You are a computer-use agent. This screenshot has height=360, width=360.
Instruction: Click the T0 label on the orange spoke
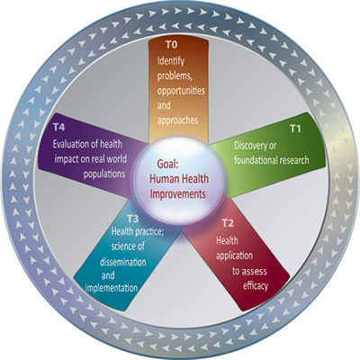(x=172, y=45)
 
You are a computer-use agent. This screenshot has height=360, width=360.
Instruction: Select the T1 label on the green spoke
(x=295, y=129)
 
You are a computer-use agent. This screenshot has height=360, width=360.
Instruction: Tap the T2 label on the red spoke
(x=228, y=223)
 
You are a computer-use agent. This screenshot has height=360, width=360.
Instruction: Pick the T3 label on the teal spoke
(x=132, y=219)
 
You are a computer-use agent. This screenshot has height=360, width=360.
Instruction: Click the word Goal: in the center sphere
(x=167, y=165)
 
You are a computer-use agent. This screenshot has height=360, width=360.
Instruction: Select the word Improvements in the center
(x=178, y=193)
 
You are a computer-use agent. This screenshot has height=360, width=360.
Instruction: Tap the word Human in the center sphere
(x=164, y=179)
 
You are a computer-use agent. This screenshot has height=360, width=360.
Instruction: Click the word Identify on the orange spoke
(x=171, y=62)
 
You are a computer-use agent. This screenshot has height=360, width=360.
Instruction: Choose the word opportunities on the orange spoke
(x=181, y=91)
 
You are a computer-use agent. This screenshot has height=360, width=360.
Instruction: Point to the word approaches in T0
(x=177, y=121)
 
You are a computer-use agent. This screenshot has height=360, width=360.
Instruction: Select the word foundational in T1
(x=256, y=160)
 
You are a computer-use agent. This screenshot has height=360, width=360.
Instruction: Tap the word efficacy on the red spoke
(x=256, y=286)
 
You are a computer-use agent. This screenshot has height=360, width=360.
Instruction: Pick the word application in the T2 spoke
(x=234, y=256)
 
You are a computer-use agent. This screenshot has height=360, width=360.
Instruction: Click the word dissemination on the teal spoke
(x=123, y=262)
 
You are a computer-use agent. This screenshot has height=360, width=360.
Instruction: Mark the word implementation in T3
(x=112, y=288)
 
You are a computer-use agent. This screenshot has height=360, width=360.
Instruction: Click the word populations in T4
(x=104, y=174)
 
